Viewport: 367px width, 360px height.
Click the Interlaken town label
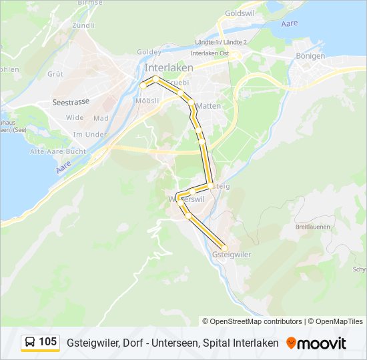pos(169,68)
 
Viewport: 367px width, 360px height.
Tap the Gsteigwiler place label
pos(231,255)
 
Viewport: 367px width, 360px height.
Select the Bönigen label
pos(310,56)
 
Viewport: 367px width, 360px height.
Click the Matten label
pos(209,106)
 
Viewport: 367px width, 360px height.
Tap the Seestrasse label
pos(71,103)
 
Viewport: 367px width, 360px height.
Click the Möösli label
pos(147,101)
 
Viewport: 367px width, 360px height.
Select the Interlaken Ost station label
pos(210,53)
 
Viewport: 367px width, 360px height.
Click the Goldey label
pos(148,52)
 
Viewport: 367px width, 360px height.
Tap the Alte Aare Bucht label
pos(58,152)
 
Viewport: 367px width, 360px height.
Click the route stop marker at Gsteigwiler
pos(224,248)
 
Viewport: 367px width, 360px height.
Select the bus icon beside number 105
pos(30,343)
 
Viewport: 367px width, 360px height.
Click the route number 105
pos(48,343)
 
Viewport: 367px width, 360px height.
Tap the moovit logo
pos(317,343)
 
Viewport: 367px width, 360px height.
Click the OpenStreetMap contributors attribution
pos(256,321)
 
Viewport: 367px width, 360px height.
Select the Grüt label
pos(55,74)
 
